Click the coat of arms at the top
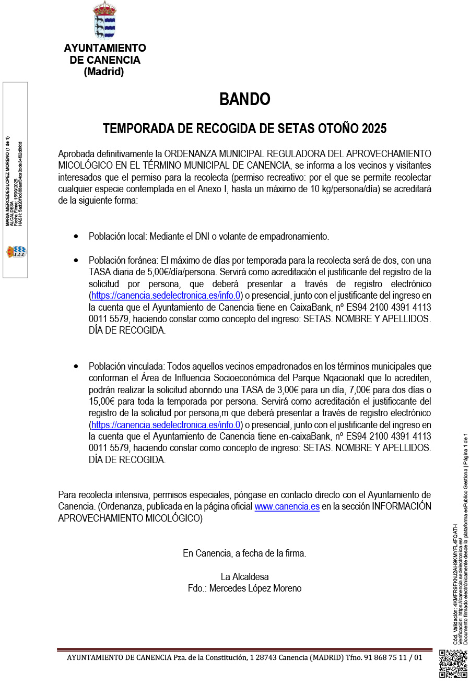[x=104, y=20]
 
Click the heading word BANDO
[x=244, y=99]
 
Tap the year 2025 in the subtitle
[x=373, y=128]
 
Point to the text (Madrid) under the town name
[x=104, y=72]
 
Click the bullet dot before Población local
[x=76, y=237]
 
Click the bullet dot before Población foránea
[x=76, y=260]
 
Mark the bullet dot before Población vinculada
[x=76, y=367]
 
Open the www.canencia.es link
[x=287, y=507]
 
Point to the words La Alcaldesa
[x=244, y=577]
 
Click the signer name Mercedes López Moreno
[x=255, y=588]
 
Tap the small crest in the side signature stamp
[x=16, y=252]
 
